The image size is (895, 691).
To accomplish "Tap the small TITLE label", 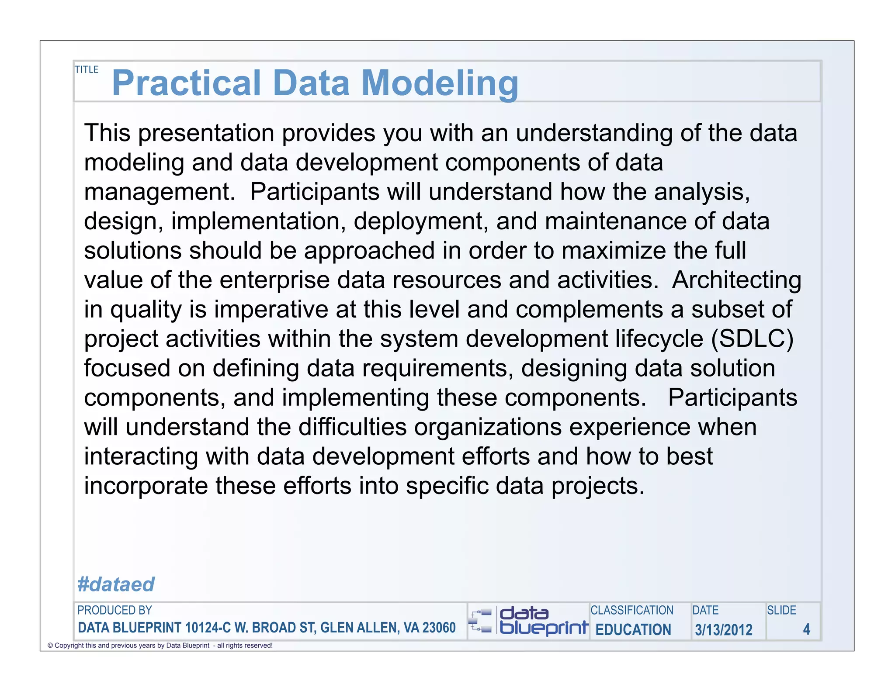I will pos(87,69).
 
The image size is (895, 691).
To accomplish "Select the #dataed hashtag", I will pos(116,584).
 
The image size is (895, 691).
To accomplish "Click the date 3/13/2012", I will pos(724,629).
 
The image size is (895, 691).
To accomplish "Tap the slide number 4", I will pos(806,629).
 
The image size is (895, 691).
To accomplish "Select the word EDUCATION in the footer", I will pos(633,629).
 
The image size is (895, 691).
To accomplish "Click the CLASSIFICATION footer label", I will pos(631,610).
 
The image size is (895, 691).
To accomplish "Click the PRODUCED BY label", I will pos(114,610).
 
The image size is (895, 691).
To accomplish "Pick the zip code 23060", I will pos(439,628).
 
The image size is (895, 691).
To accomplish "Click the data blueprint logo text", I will pos(543,621).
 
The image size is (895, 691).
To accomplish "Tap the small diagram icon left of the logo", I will pos(480,621).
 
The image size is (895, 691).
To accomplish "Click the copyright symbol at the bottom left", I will pos(50,646).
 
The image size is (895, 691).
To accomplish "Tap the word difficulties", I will pos(352,427).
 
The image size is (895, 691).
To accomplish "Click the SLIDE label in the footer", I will pos(781,610).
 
